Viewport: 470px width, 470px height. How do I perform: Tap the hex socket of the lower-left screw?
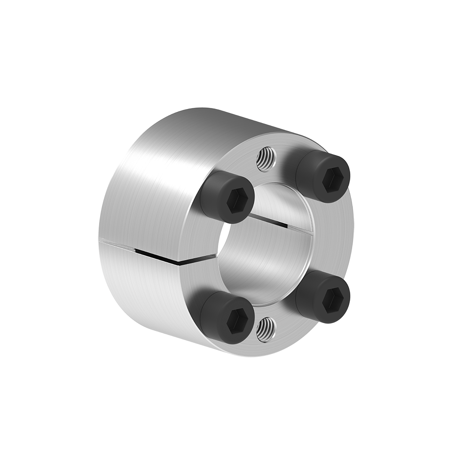pos(236,321)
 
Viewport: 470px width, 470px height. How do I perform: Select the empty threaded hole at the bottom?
pos(266,329)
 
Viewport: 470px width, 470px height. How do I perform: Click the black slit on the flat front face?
pos(200,258)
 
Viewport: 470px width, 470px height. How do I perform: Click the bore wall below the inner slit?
pos(268,263)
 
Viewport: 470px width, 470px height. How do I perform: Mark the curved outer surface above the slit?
pos(146,188)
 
